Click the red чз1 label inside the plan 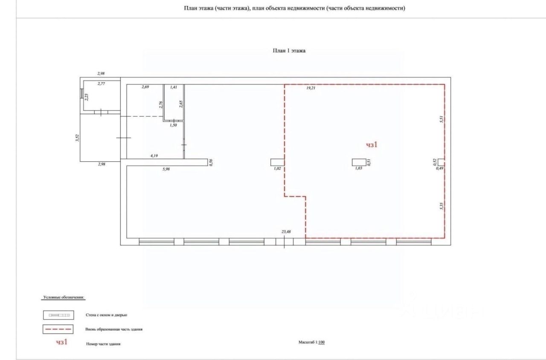coord(372,145)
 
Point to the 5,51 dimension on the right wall coord(442,120)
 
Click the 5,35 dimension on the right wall coord(442,206)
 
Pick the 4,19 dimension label coord(154,156)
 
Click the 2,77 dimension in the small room coord(101,84)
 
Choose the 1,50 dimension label coord(173,125)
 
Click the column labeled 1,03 coord(358,162)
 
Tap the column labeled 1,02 coord(277,162)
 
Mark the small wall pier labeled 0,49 coord(441,162)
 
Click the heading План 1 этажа coord(289,50)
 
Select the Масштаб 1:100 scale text coord(311,342)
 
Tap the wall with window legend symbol coord(58,315)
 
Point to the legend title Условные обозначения coord(64,297)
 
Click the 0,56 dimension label coord(210,162)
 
